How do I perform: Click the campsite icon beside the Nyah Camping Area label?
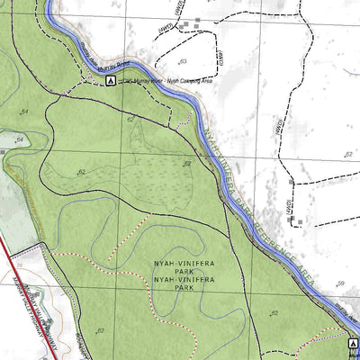110,81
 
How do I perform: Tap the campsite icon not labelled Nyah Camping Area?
354,344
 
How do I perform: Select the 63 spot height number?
183,61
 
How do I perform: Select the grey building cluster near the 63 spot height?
185,25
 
